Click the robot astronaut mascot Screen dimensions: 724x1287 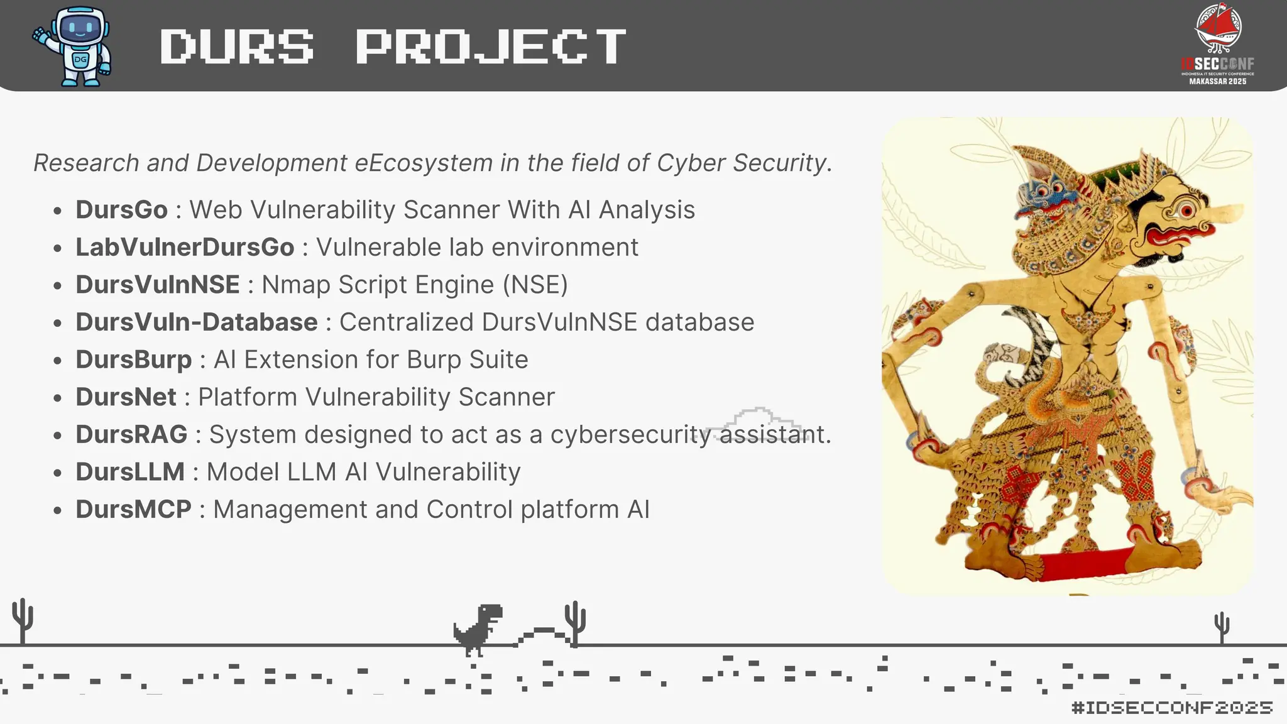74,47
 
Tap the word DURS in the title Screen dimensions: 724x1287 237,47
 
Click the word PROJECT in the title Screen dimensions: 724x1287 491,47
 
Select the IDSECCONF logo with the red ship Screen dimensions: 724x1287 1217,44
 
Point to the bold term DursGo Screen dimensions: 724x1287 121,210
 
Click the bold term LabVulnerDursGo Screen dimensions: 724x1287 185,248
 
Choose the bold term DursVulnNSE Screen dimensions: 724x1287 158,285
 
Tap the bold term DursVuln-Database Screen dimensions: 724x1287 197,322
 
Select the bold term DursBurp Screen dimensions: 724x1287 133,359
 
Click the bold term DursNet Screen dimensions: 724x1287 126,397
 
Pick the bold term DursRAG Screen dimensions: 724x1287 131,434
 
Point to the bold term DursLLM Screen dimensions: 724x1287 130,472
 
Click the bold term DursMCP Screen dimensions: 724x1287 133,510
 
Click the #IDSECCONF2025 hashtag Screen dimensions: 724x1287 1172,708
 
